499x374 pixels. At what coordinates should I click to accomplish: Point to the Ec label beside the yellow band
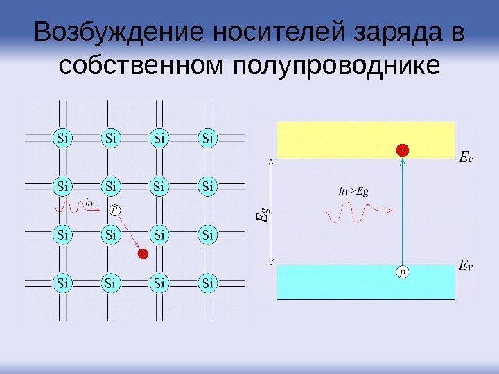[x=466, y=158]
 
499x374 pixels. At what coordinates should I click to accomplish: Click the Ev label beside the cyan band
[x=466, y=265]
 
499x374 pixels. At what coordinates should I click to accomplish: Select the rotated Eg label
[x=261, y=212]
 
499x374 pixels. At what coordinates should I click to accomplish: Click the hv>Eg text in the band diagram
[x=353, y=190]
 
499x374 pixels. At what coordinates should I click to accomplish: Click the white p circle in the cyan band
[x=403, y=273]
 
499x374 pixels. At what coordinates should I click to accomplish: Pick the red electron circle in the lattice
[x=143, y=254]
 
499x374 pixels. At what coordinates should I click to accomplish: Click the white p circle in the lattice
[x=116, y=209]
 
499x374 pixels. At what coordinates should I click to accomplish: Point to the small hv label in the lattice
[x=91, y=202]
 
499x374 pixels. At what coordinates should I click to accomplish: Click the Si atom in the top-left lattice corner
[x=63, y=137]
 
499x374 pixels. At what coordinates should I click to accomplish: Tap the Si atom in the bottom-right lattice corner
[x=208, y=283]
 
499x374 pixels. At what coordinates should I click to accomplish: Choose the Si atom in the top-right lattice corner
[x=208, y=137]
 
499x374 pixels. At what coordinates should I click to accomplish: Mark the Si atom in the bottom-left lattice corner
[x=63, y=283]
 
